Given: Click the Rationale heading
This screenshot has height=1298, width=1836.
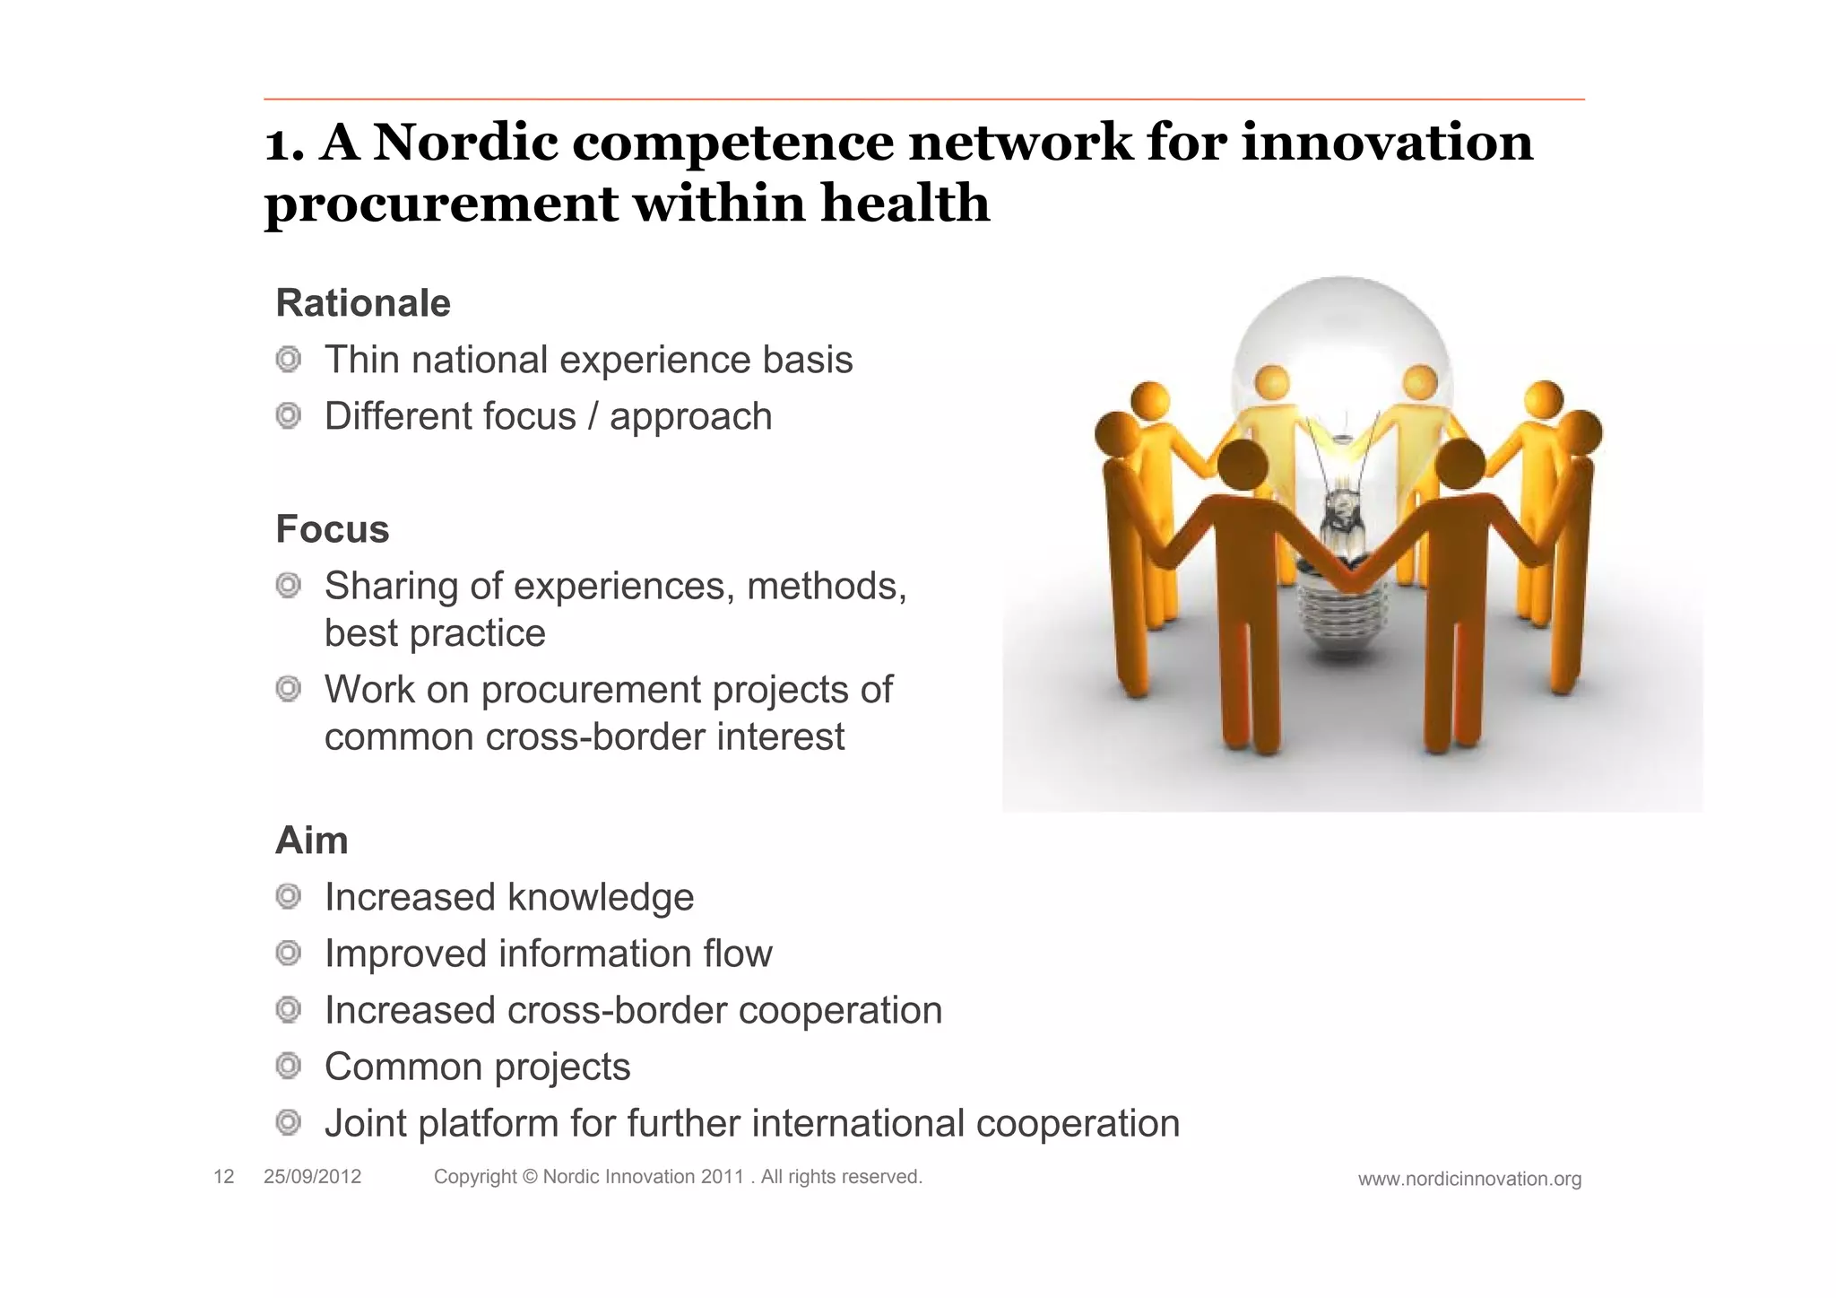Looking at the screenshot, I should (362, 303).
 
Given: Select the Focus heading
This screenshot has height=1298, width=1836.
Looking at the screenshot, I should (332, 529).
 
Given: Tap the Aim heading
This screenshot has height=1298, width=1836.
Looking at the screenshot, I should (311, 841).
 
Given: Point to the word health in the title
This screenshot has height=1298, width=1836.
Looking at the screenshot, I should (905, 203).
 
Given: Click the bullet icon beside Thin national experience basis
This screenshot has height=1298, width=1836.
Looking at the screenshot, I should (288, 360).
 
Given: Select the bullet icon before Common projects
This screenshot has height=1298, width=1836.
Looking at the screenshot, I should (288, 1066).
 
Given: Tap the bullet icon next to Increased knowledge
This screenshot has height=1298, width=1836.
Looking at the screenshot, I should (288, 896).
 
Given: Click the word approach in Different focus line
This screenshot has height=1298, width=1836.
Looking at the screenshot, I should (690, 417).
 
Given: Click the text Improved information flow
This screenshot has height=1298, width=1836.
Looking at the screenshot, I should (548, 954).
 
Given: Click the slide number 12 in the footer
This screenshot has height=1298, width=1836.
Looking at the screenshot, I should (223, 1177).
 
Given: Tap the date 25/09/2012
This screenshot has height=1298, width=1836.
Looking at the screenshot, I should (312, 1177).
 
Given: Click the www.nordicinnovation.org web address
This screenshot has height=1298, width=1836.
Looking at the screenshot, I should (1468, 1179).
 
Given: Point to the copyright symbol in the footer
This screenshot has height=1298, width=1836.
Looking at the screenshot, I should (529, 1177).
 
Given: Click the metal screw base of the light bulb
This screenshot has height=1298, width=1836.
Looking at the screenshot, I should (1342, 619).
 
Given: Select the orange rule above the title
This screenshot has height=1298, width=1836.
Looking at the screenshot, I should (923, 99).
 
